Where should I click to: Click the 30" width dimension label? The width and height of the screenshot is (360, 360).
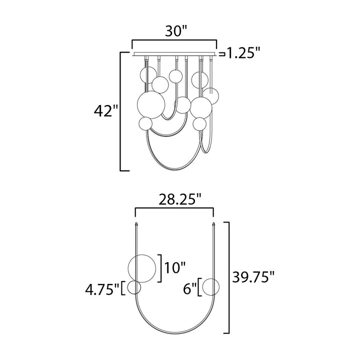tap(176, 31)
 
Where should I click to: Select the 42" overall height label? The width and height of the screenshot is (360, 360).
tap(105, 111)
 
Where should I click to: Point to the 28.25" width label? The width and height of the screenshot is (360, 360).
tap(180, 199)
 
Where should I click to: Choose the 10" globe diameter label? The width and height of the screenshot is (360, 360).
tap(175, 267)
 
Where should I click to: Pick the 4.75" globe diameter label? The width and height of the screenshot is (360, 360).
tap(102, 289)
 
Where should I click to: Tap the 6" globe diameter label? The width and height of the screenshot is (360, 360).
tap(189, 289)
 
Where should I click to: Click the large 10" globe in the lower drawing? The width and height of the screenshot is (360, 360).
tap(141, 268)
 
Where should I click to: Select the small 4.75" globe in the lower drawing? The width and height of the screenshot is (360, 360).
tap(134, 287)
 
